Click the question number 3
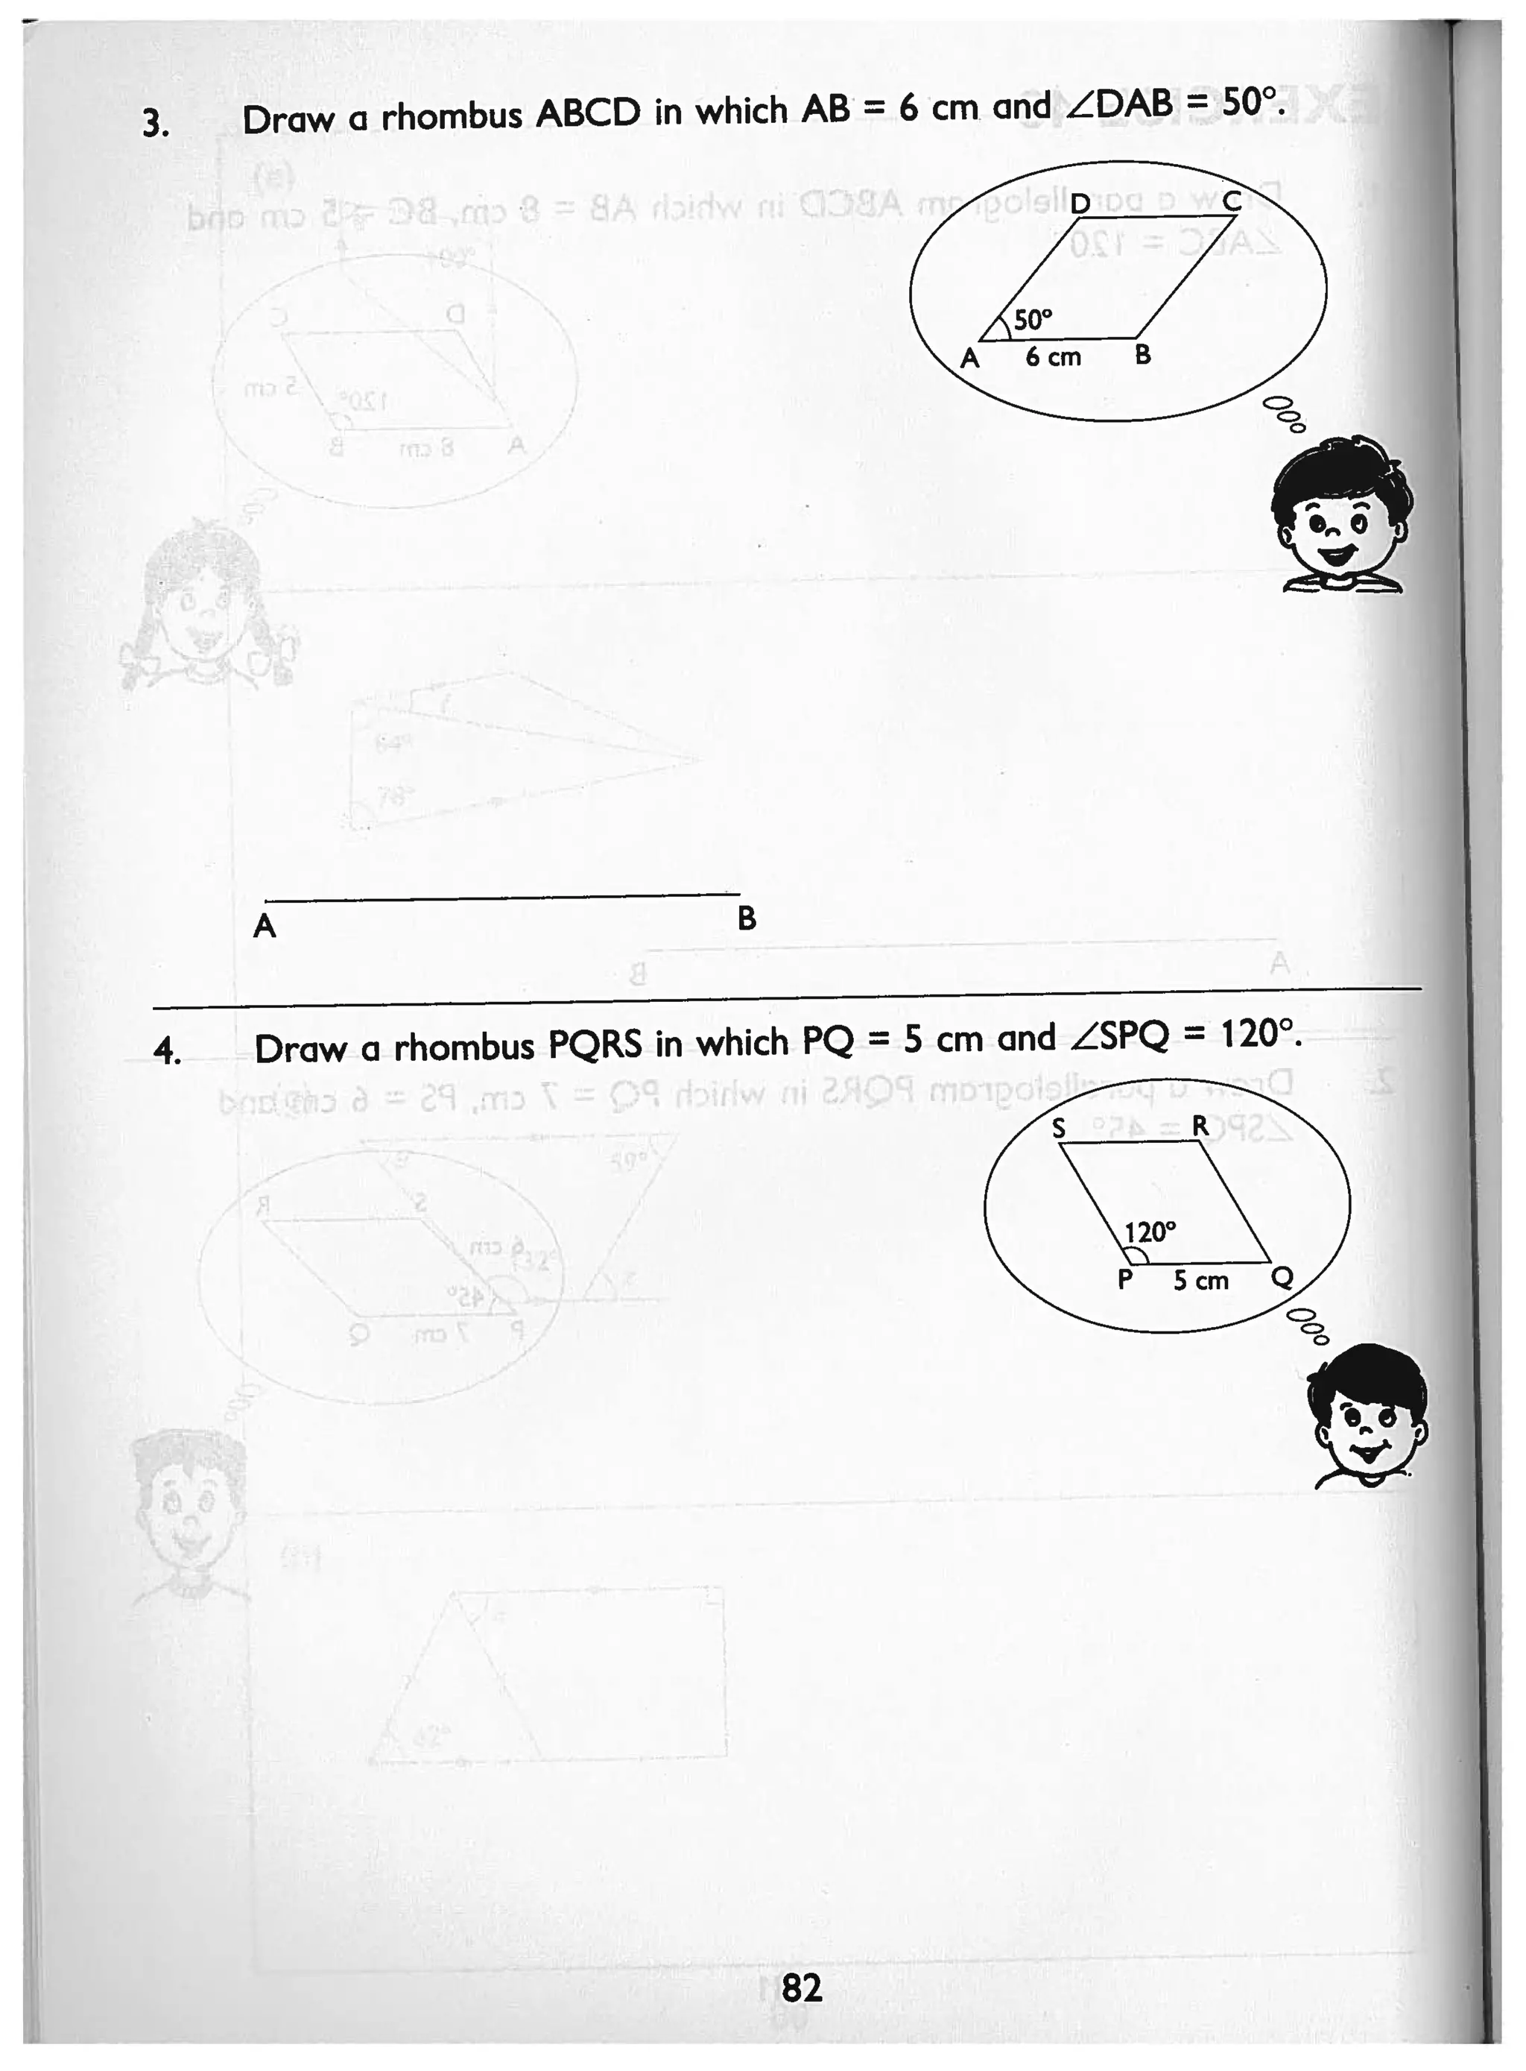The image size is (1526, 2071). click(x=155, y=123)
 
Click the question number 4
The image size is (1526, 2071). click(x=167, y=1050)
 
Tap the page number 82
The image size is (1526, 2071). click(x=801, y=1988)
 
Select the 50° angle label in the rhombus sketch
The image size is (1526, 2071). click(x=1033, y=320)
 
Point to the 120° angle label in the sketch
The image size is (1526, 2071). click(x=1150, y=1232)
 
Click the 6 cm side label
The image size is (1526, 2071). click(x=1053, y=356)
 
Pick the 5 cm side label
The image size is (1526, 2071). click(x=1201, y=1280)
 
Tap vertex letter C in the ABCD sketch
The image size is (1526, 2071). click(x=1232, y=201)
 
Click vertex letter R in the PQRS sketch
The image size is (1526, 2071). click(x=1200, y=1126)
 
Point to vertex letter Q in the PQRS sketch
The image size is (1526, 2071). click(x=1282, y=1277)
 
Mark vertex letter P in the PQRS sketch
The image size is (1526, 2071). click(x=1125, y=1279)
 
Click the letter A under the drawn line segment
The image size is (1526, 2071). click(x=265, y=925)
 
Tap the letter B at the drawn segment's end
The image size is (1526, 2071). click(x=747, y=918)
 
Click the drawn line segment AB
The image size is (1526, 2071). click(x=501, y=896)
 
